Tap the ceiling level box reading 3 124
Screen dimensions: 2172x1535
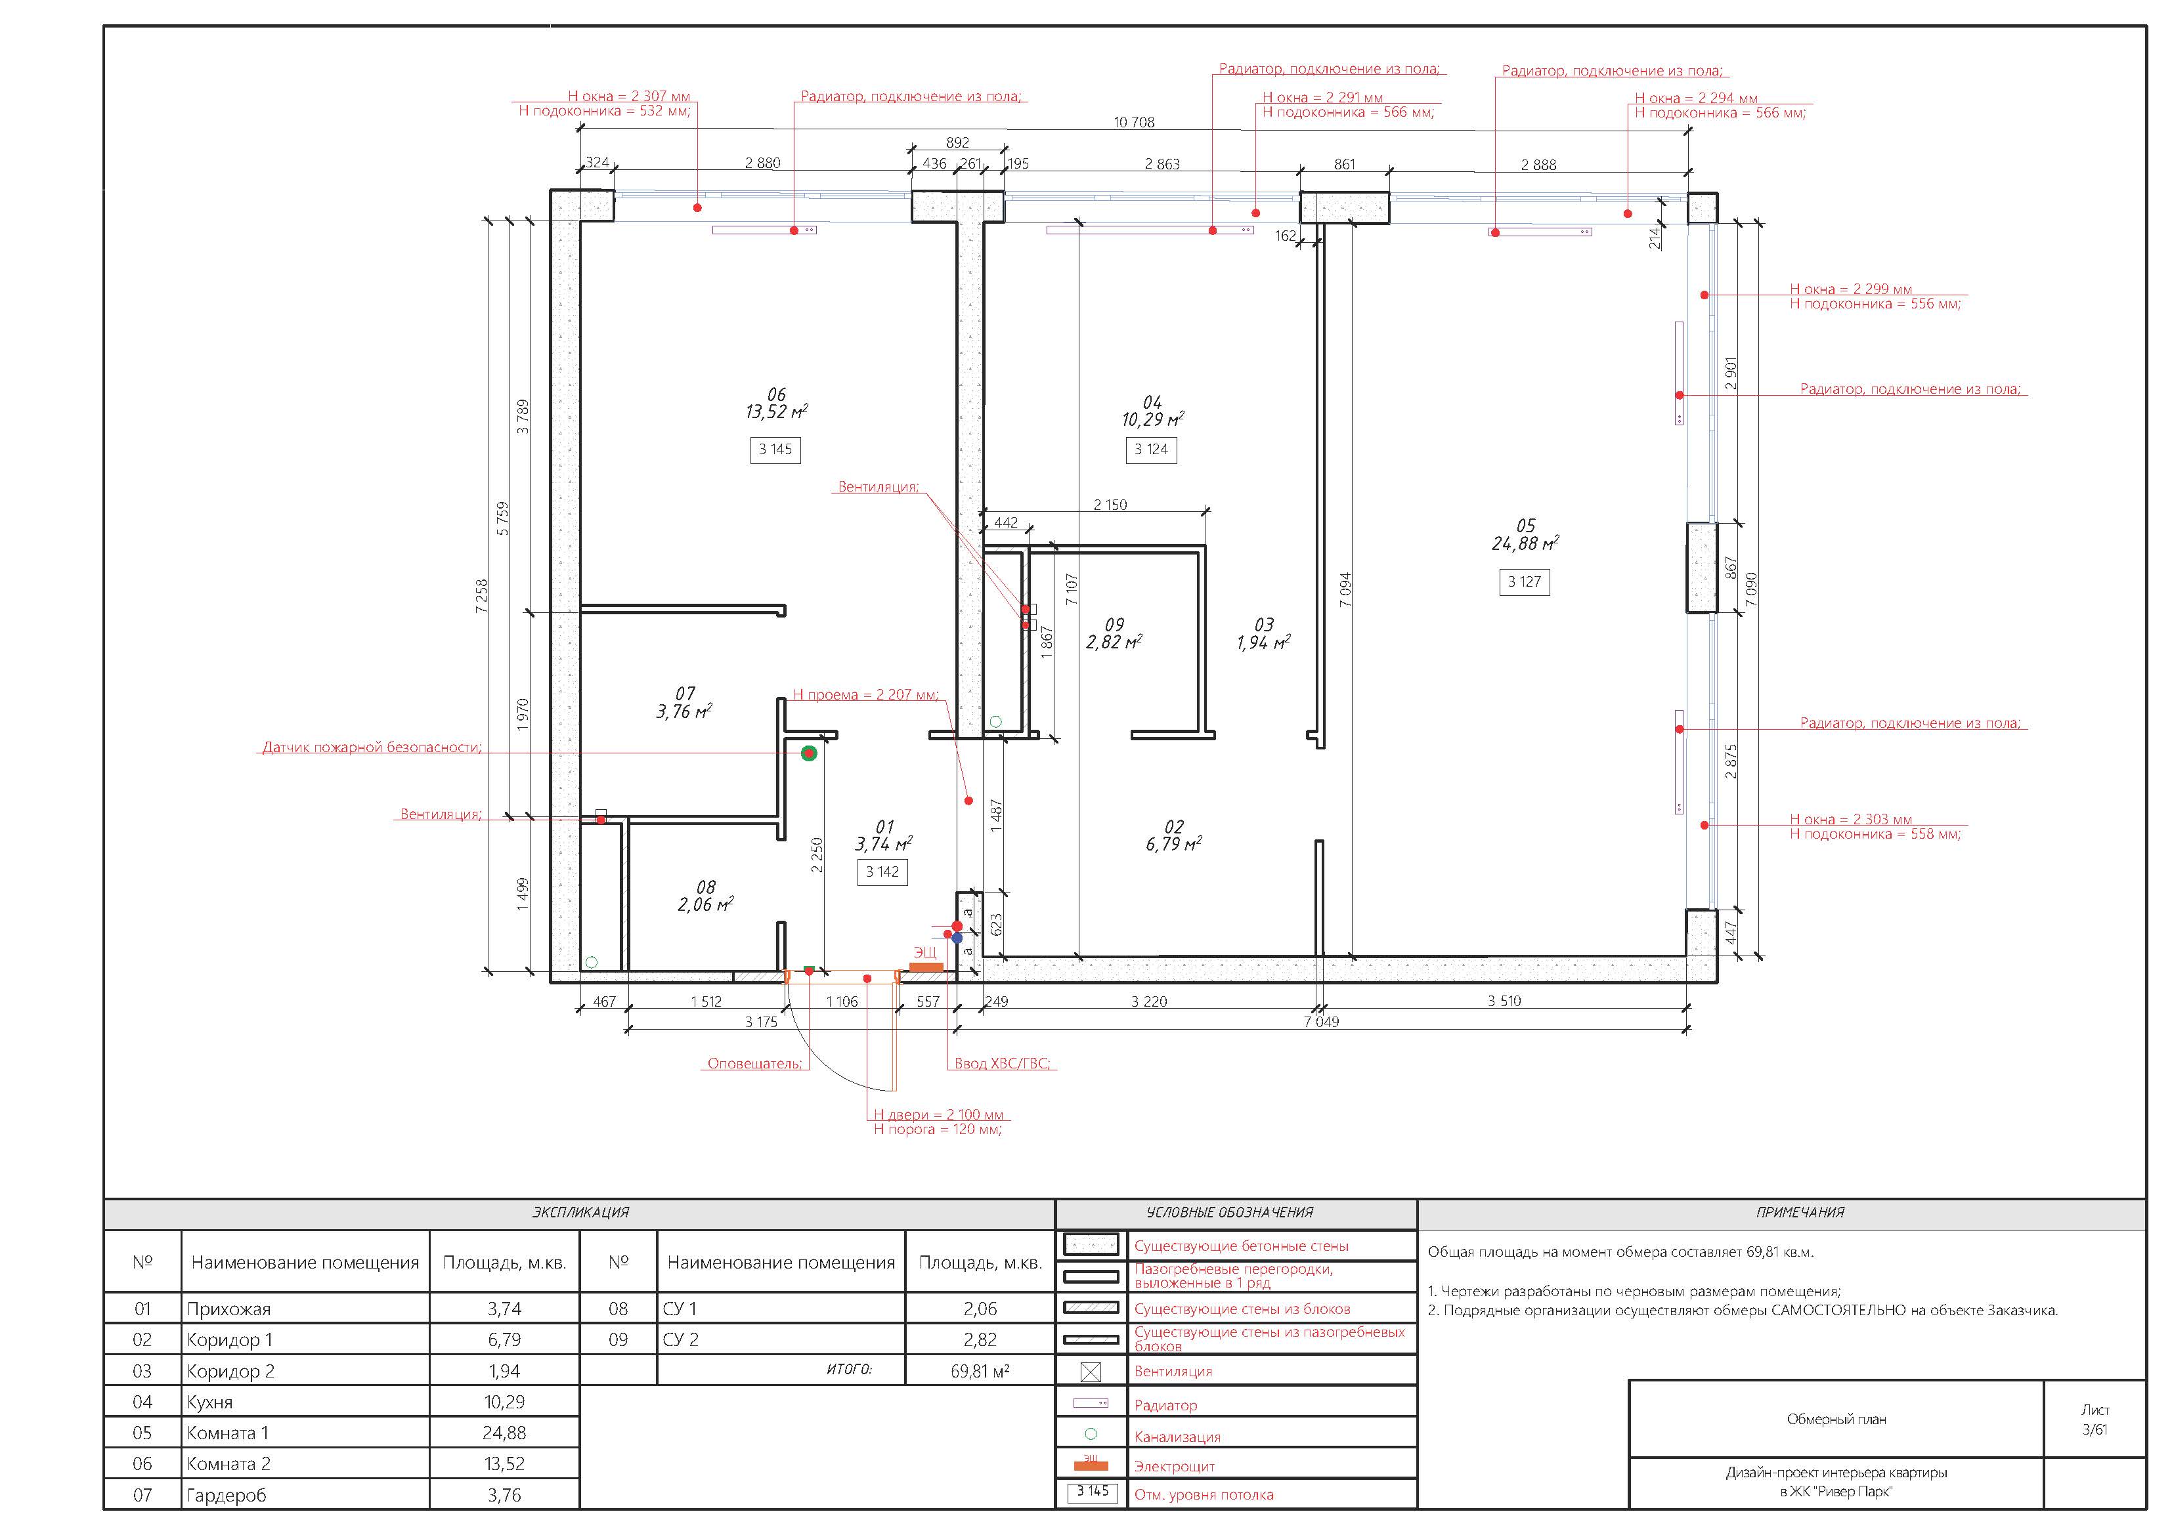1151,450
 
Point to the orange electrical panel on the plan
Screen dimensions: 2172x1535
926,967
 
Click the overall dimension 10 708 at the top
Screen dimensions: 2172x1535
1134,122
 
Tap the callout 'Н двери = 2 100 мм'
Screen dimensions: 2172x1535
938,1115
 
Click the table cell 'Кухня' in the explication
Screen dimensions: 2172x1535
210,1402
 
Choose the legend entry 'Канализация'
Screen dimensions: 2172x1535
1178,1437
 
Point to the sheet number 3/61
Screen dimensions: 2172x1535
2095,1429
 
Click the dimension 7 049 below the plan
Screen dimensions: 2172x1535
1322,1021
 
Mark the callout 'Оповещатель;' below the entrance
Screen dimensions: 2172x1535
755,1064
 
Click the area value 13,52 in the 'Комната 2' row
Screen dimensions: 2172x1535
504,1464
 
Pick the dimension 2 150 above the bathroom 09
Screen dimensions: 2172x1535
1110,505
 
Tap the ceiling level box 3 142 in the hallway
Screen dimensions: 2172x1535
882,872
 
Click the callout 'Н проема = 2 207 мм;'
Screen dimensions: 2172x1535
865,694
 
